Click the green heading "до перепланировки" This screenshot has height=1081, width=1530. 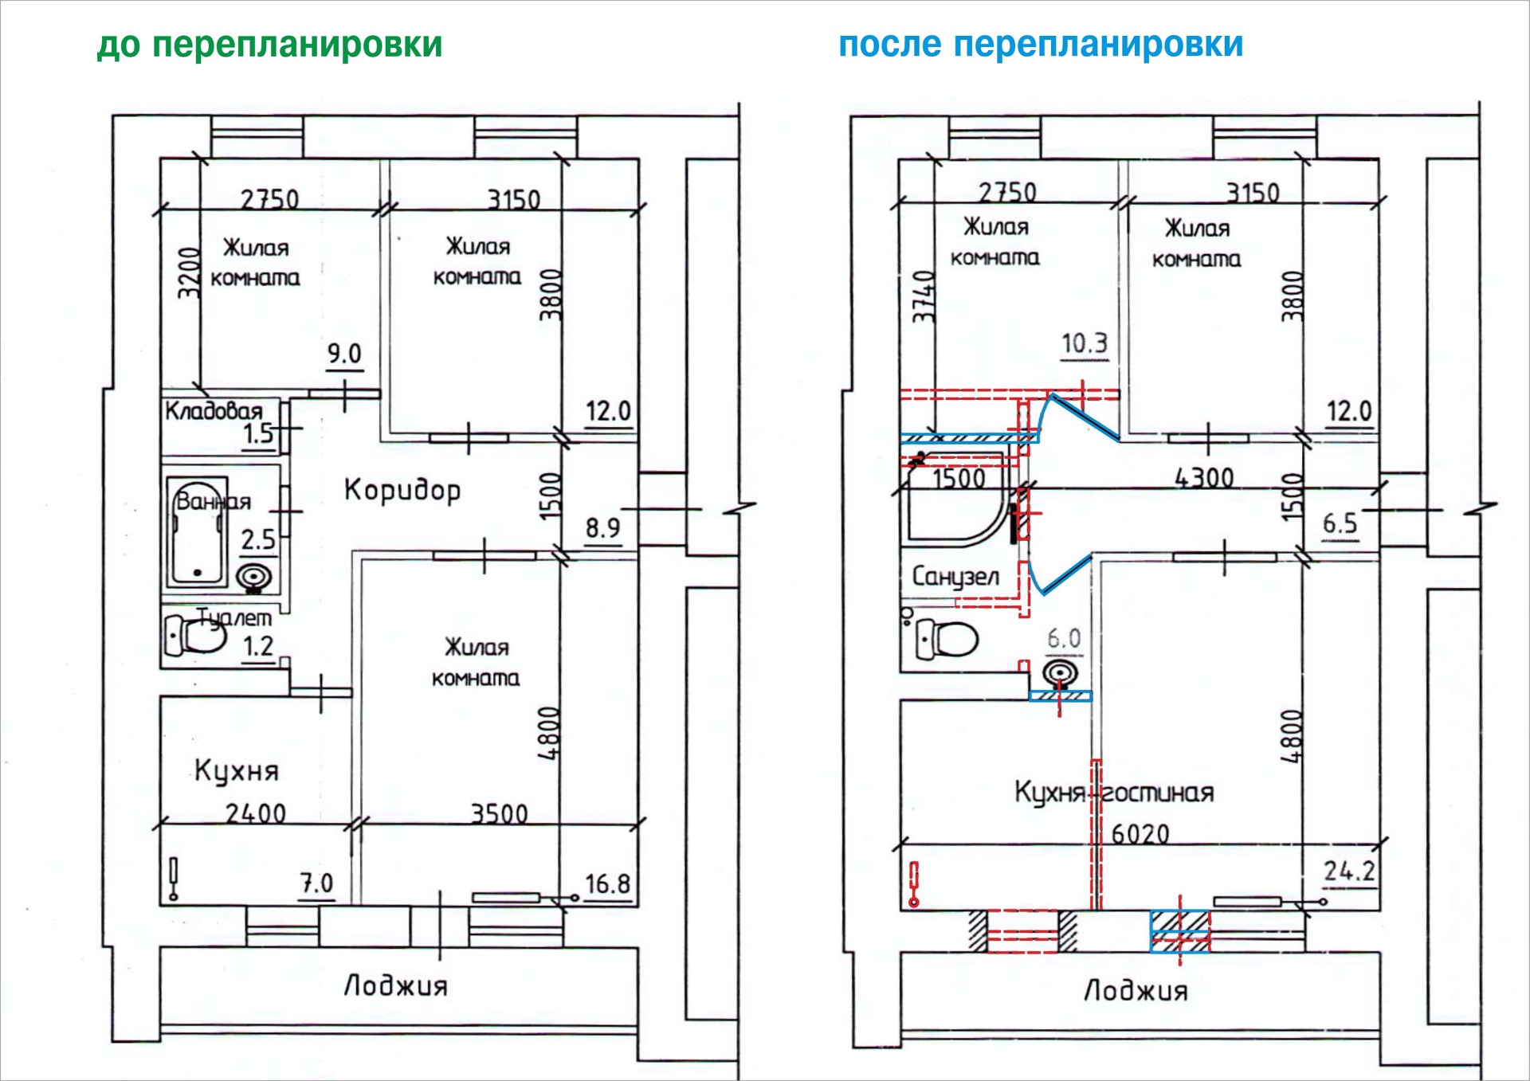[x=269, y=45]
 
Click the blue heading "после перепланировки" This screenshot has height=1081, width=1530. [x=1041, y=45]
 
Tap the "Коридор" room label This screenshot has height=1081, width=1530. [x=402, y=490]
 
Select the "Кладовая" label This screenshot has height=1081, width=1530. [x=214, y=411]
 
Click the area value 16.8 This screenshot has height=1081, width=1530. [x=607, y=884]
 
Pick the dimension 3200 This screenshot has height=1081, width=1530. [x=188, y=273]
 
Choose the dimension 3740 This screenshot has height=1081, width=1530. [x=924, y=296]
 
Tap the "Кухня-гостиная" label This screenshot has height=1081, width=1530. [x=1113, y=793]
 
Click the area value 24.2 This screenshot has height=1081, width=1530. [x=1349, y=871]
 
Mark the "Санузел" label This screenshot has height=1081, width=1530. [x=955, y=576]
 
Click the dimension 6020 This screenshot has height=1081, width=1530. [x=1140, y=834]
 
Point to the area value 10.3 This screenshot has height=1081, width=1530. [x=1084, y=343]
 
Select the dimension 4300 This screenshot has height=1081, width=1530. [x=1204, y=478]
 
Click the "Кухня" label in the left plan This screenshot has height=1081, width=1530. [x=237, y=771]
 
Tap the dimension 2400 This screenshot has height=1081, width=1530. [x=255, y=813]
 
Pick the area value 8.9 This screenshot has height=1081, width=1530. [x=602, y=527]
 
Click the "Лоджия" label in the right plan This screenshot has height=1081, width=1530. [x=1136, y=991]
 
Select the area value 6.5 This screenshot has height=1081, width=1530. [x=1340, y=523]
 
